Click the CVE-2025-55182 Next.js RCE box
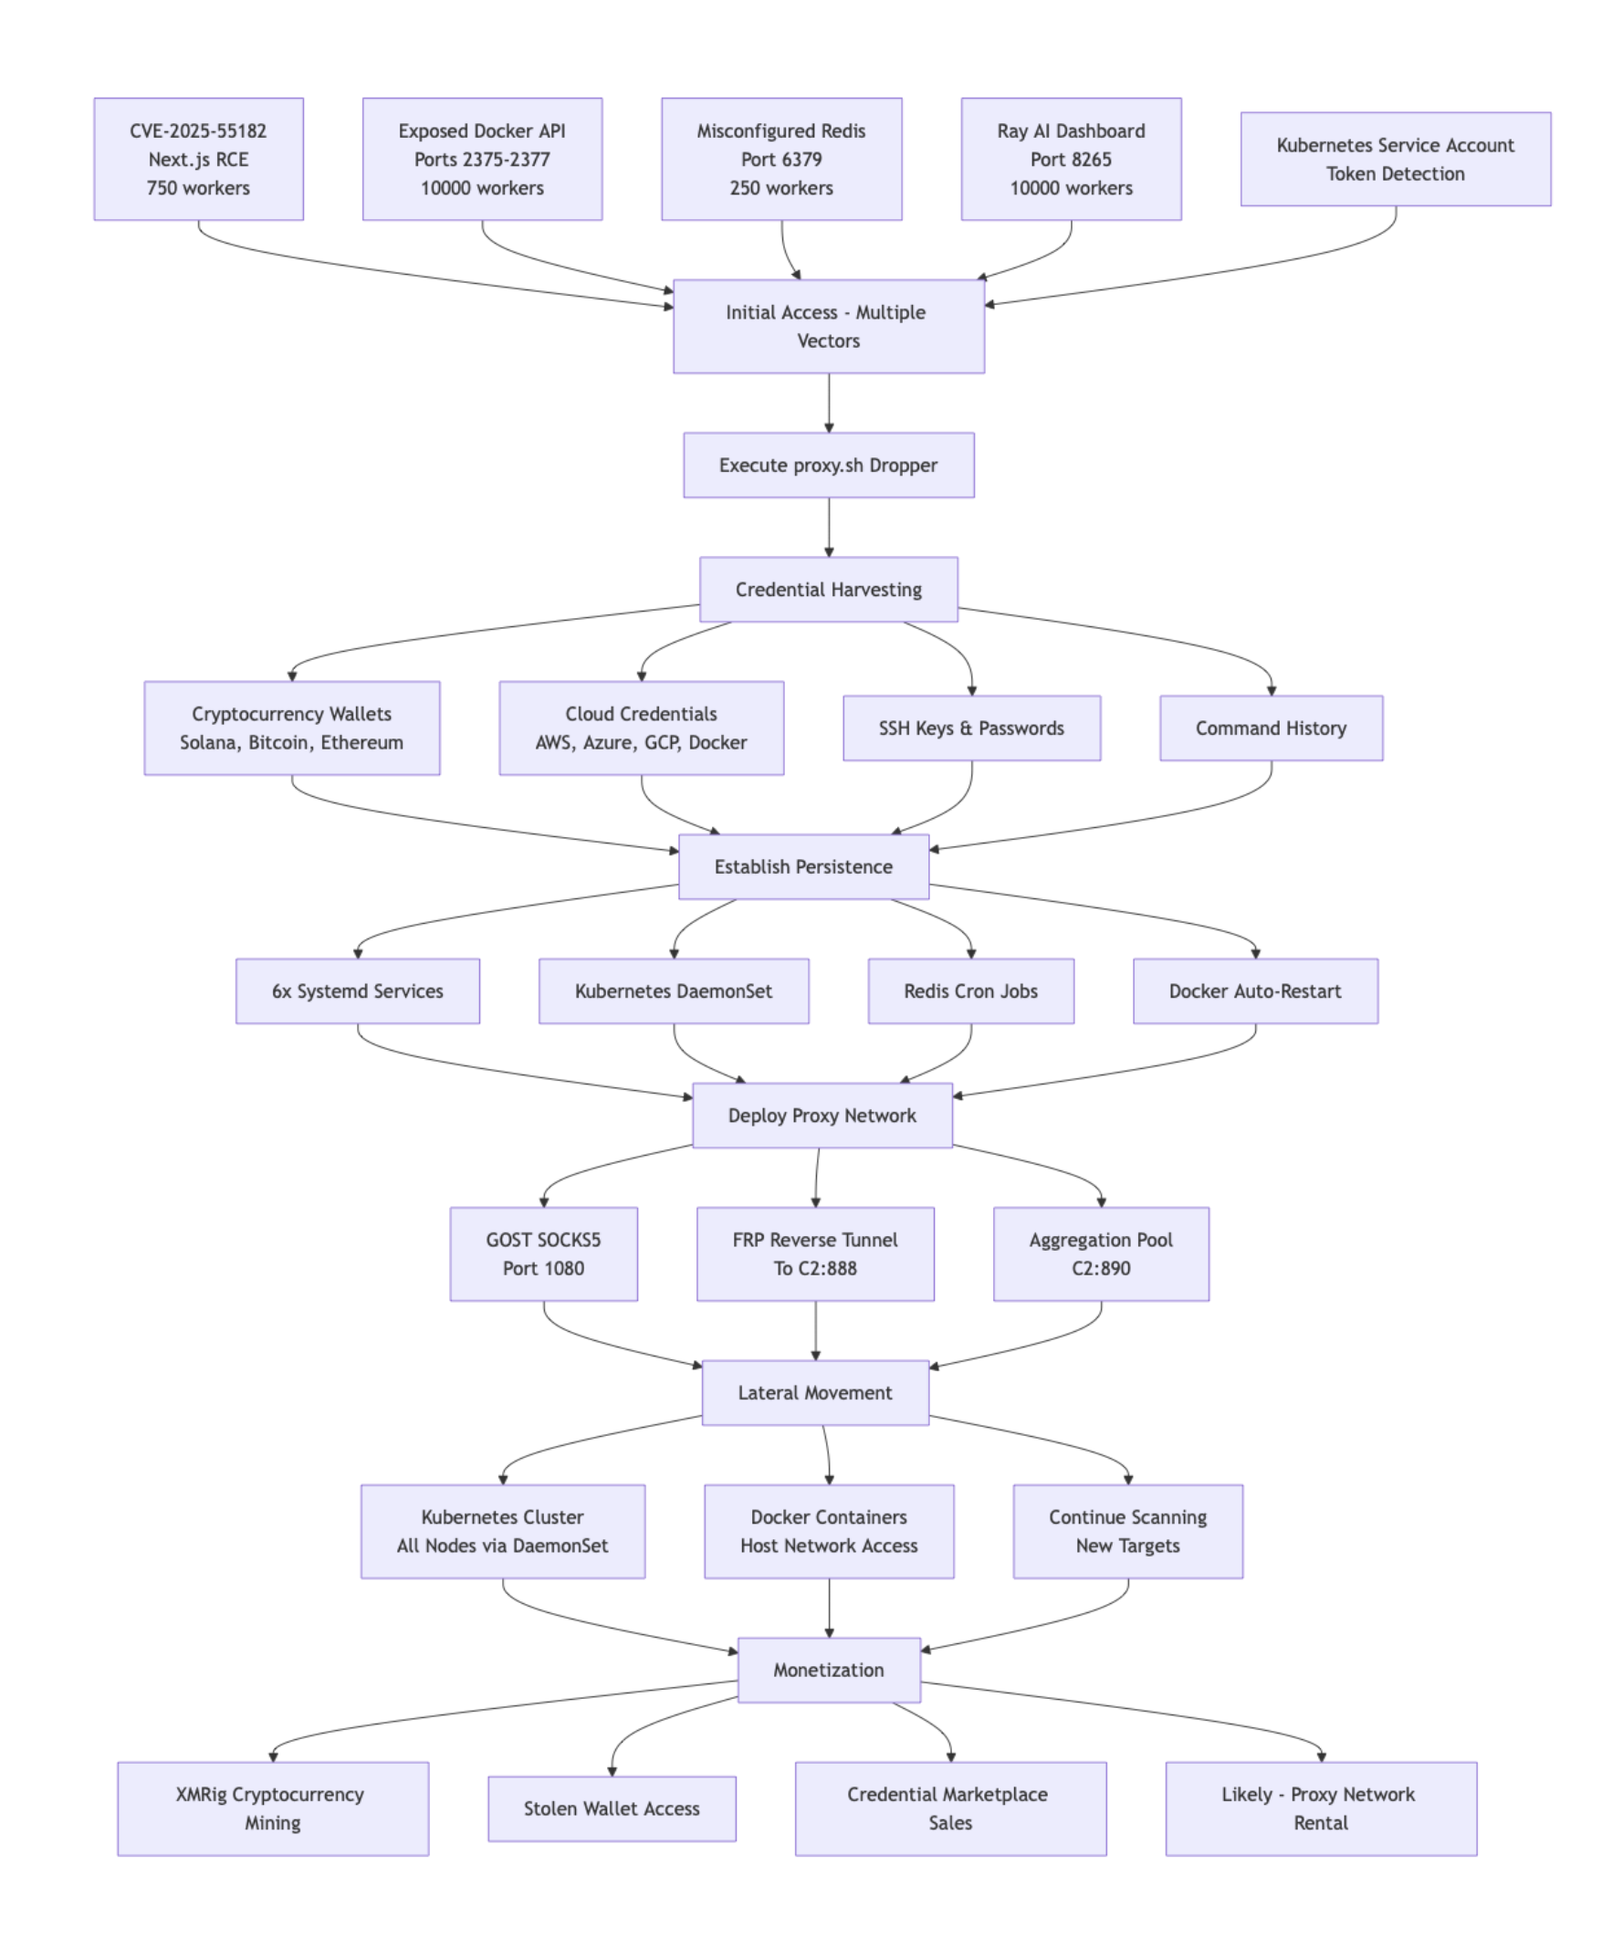[x=198, y=159]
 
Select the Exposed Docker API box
[x=482, y=159]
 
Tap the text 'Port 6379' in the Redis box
[x=781, y=160]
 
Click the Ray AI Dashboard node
[x=1071, y=159]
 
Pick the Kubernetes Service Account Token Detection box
[x=1395, y=159]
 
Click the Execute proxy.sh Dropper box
[x=828, y=466]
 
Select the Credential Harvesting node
[x=828, y=589]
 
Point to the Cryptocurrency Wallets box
[x=292, y=728]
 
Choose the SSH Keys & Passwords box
[x=971, y=728]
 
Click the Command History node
[x=1271, y=728]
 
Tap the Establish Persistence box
[x=803, y=866]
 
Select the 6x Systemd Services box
[x=357, y=990]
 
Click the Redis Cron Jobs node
[x=970, y=990]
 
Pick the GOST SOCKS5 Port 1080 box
[x=543, y=1254]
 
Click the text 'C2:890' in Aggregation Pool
[x=1101, y=1269]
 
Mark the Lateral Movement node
[x=814, y=1392]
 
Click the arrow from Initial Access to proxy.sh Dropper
[x=828, y=403]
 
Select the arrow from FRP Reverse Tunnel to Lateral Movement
[x=815, y=1329]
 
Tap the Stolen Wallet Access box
[x=612, y=1808]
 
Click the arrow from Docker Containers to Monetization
[x=828, y=1607]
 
